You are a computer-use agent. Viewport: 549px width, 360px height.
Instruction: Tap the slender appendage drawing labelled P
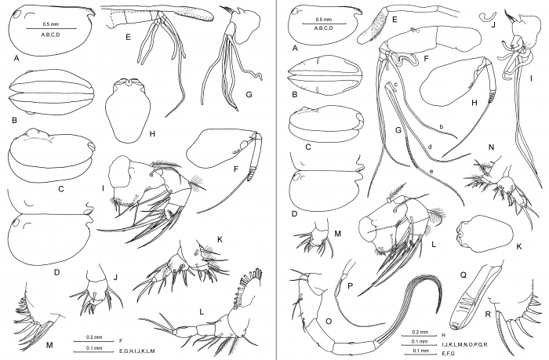345,278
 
